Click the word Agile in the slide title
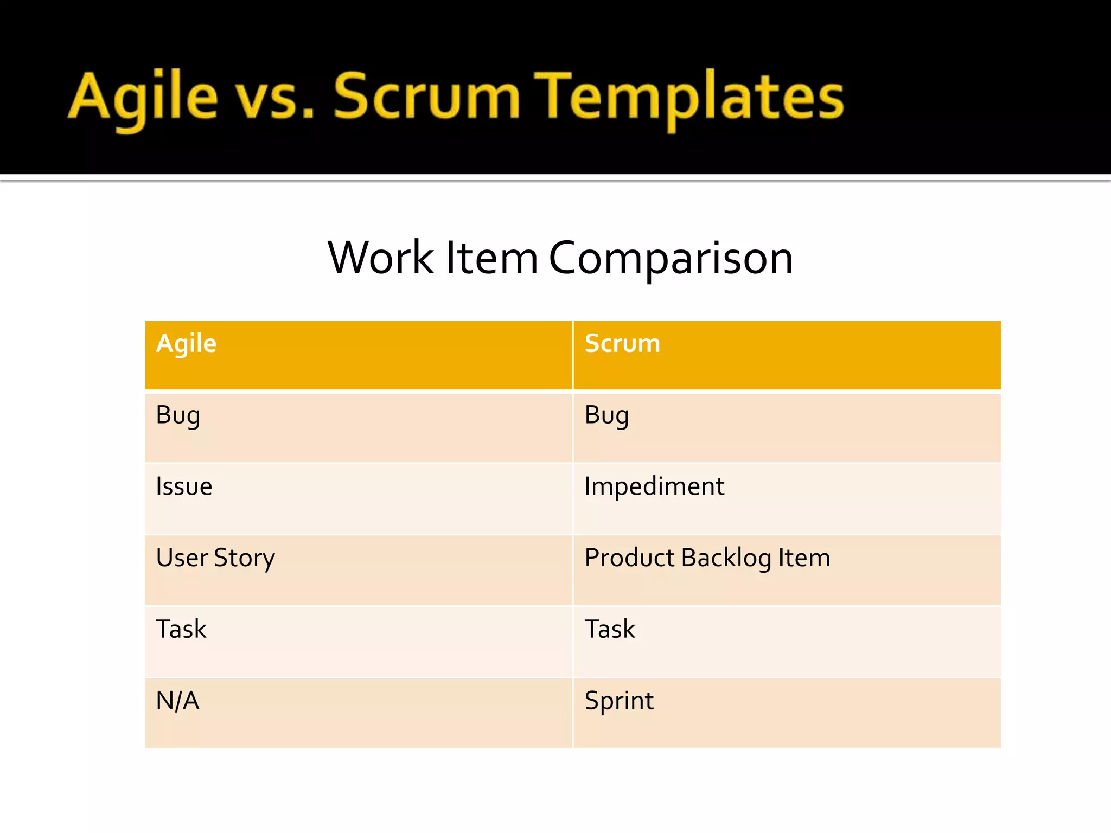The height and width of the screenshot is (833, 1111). pyautogui.click(x=143, y=98)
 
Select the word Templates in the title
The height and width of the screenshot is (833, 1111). pyautogui.click(x=689, y=98)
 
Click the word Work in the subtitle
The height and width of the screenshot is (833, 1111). pyautogui.click(x=380, y=258)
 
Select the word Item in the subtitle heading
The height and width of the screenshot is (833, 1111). pyautogui.click(x=491, y=258)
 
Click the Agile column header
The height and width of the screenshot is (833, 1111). pyautogui.click(x=186, y=344)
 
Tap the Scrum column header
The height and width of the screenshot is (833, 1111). pyautogui.click(x=622, y=343)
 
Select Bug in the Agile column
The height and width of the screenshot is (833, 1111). pyautogui.click(x=178, y=416)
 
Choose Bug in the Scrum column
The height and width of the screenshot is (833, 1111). pyautogui.click(x=606, y=416)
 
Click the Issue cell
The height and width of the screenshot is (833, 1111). pyautogui.click(x=184, y=486)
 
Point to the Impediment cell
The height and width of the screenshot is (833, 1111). pyautogui.click(x=654, y=486)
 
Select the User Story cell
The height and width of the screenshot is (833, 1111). pyautogui.click(x=215, y=558)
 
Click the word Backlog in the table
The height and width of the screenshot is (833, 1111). pyautogui.click(x=726, y=558)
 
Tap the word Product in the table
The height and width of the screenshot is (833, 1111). pyautogui.click(x=629, y=558)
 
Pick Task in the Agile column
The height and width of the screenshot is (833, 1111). pyautogui.click(x=181, y=629)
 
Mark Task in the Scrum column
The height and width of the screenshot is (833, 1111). pyautogui.click(x=610, y=629)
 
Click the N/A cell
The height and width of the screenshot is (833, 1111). pyautogui.click(x=177, y=701)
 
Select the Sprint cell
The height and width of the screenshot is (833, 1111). pyautogui.click(x=619, y=701)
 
